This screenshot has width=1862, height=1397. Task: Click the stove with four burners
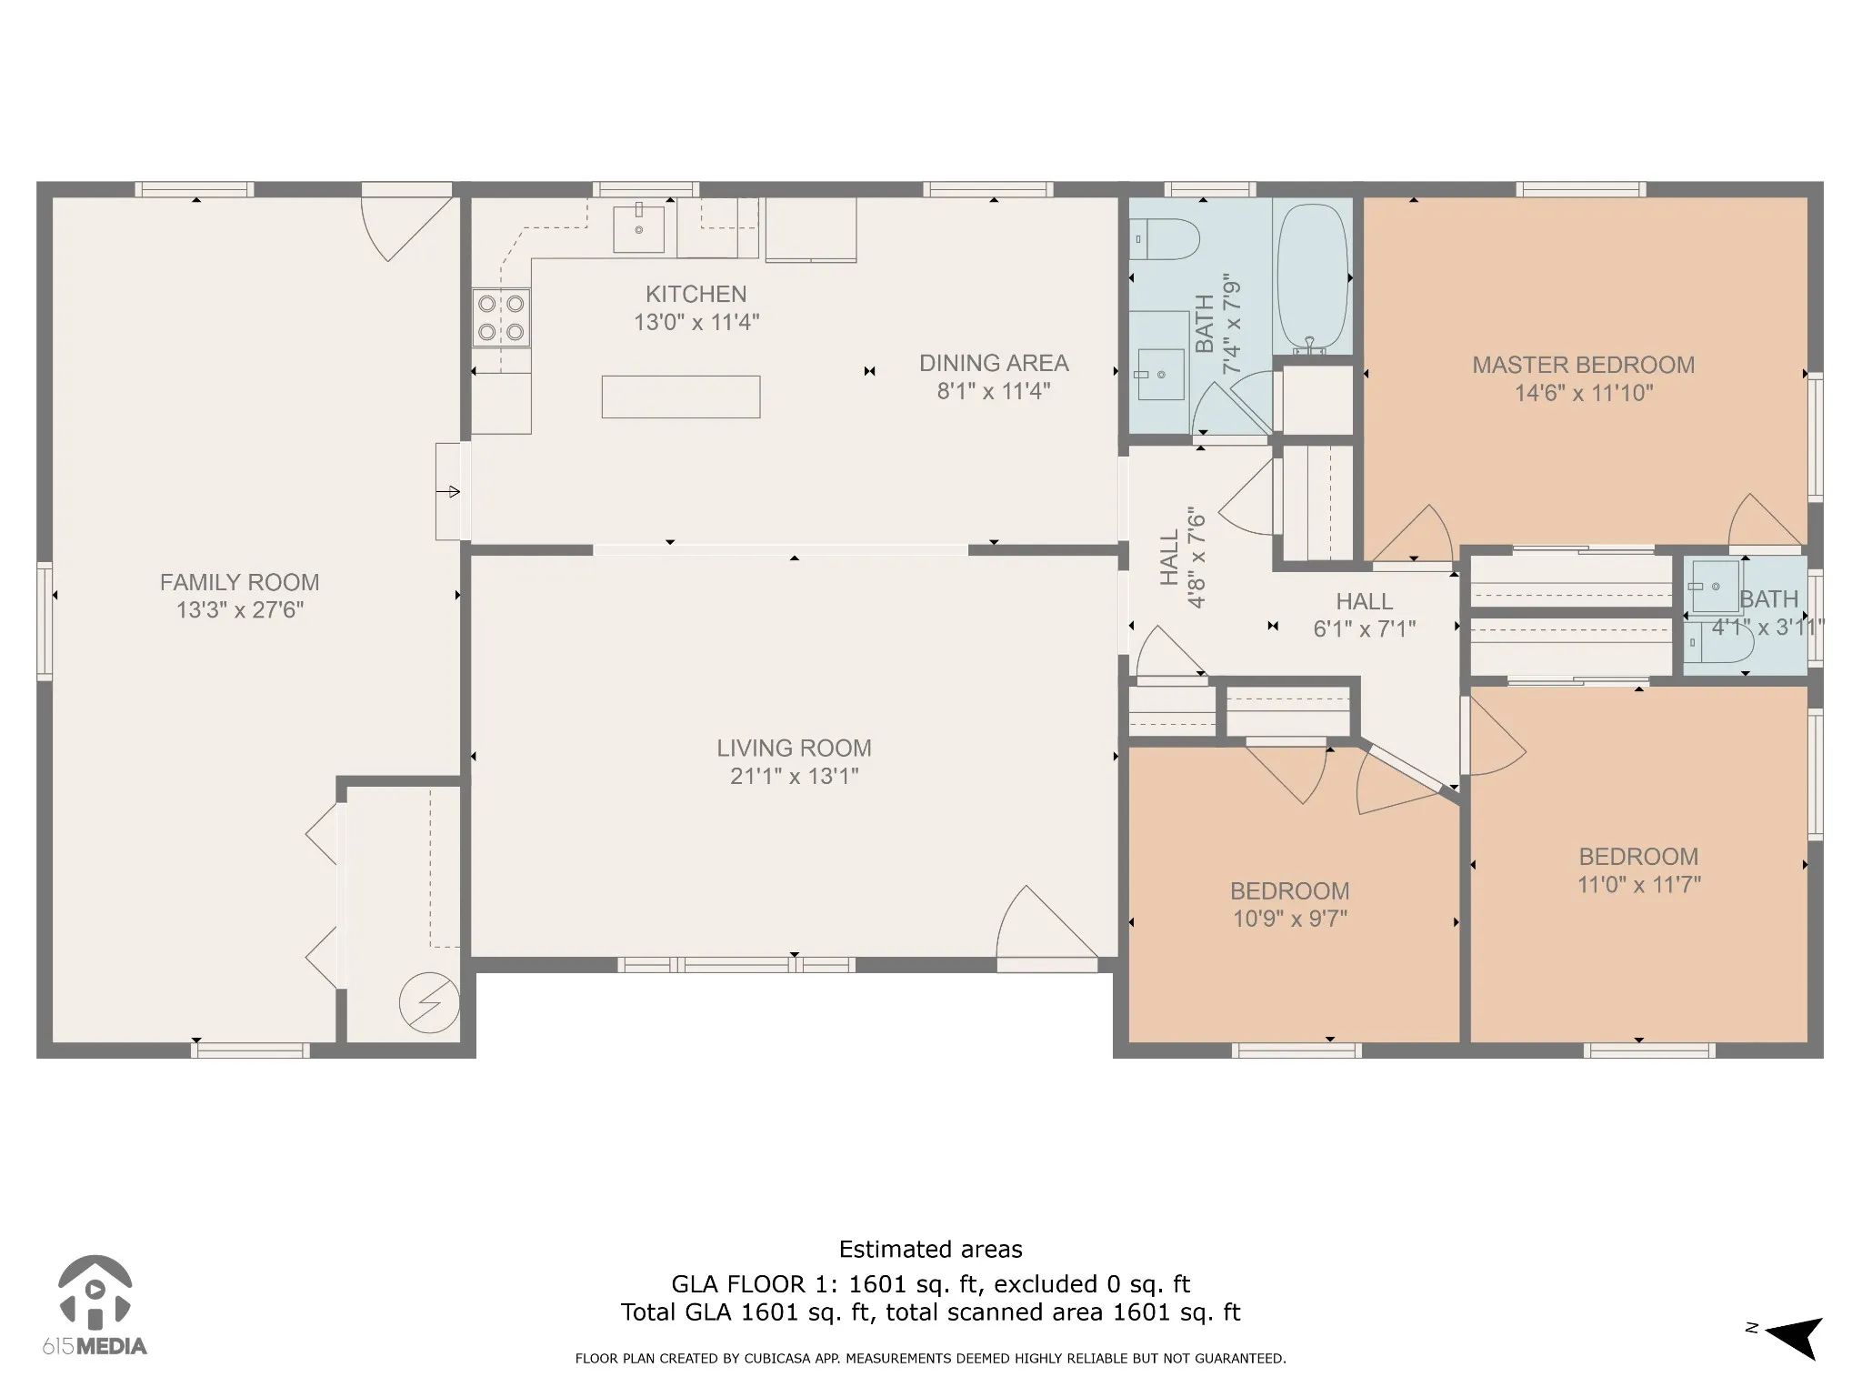coord(501,317)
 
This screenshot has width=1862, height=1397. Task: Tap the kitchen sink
coord(638,227)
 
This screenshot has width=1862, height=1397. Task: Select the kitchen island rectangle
coord(681,397)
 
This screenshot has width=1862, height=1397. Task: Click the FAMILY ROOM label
coord(240,582)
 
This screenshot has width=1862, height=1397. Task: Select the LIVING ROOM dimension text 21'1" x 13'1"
coord(795,776)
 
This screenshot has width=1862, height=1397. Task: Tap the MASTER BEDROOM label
coord(1584,365)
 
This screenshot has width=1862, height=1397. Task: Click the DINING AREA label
coord(994,363)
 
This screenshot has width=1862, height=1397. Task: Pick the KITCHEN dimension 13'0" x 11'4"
coord(696,322)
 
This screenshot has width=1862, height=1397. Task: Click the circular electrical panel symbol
coord(429,1003)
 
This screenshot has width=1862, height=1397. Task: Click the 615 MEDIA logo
coord(95,1306)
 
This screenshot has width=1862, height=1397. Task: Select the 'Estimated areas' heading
coord(931,1249)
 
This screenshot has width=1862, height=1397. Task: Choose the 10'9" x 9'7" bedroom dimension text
coord(1290,919)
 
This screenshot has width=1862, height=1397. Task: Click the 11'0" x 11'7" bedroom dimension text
coord(1639,884)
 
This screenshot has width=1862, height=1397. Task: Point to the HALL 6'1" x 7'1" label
coord(1365,615)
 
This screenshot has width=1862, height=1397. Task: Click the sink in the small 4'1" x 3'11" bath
coord(1715,587)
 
